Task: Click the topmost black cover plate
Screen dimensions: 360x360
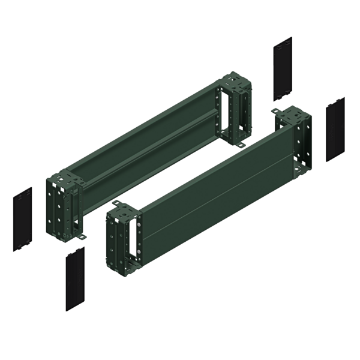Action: point(283,68)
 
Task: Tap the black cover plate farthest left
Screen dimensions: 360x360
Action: point(22,218)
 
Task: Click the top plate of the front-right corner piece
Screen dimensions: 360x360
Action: point(292,115)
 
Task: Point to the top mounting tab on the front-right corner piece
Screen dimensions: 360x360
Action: point(277,112)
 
